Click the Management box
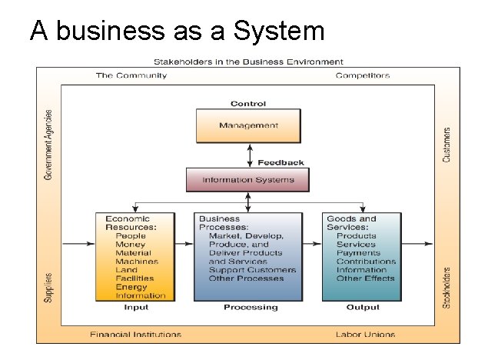(x=247, y=125)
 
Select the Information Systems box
(x=247, y=180)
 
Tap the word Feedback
(x=280, y=162)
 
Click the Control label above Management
(x=247, y=104)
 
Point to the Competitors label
(x=363, y=75)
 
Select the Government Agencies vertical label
(x=49, y=145)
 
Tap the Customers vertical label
(x=447, y=144)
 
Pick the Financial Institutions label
(x=135, y=335)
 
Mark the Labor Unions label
(x=365, y=335)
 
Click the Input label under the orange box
(x=136, y=307)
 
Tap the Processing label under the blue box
(x=250, y=307)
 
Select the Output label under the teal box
(x=363, y=307)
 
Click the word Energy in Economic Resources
(x=131, y=287)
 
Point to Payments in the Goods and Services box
(x=357, y=253)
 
